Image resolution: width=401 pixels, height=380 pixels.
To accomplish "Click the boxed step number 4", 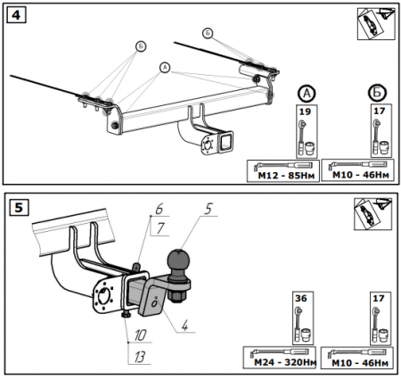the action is pyautogui.click(x=16, y=15).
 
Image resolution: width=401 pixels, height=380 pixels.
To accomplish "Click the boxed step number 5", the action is pyautogui.click(x=19, y=207).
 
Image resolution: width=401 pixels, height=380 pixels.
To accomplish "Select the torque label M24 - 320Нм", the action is pyautogui.click(x=285, y=362).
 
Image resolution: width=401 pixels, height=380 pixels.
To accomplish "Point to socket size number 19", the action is pyautogui.click(x=305, y=112).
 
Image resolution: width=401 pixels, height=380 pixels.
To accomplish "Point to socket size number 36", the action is pyautogui.click(x=301, y=298).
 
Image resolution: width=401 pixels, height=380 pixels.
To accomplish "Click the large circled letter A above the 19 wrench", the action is pyautogui.click(x=307, y=94).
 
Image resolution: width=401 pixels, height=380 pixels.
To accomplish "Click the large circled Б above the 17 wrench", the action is pyautogui.click(x=377, y=93).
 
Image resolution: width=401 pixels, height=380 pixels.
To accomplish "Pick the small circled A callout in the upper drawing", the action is pyautogui.click(x=165, y=68).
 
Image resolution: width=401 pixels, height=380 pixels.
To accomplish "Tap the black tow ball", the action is pyautogui.click(x=178, y=261).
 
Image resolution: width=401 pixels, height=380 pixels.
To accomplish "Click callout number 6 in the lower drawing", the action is pyautogui.click(x=160, y=209).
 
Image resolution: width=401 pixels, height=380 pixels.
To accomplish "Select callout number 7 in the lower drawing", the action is pyautogui.click(x=160, y=228).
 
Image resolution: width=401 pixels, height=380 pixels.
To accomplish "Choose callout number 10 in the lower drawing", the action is pyautogui.click(x=140, y=335).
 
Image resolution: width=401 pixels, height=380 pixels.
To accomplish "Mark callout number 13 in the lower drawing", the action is pyautogui.click(x=140, y=357).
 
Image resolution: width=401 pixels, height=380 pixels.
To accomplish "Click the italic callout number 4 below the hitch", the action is pyautogui.click(x=184, y=325).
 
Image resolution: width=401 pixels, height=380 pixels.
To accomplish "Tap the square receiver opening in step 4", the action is pyautogui.click(x=225, y=143).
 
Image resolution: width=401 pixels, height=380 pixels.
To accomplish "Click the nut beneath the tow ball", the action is pyautogui.click(x=176, y=296).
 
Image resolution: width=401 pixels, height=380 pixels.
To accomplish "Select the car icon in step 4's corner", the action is pyautogui.click(x=376, y=24).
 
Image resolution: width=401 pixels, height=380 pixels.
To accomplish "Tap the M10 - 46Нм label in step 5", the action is pyautogui.click(x=360, y=363).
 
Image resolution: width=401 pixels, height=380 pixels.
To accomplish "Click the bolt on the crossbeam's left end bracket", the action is pyautogui.click(x=115, y=126).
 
